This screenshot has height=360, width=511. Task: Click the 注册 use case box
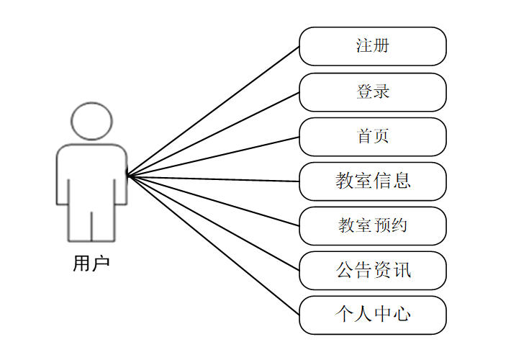click(373, 46)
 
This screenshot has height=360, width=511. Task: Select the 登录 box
click(373, 91)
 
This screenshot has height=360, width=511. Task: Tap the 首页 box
click(373, 137)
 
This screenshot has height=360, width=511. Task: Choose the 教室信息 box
click(373, 181)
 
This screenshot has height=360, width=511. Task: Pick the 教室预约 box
click(373, 226)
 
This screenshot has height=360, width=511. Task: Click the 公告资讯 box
click(373, 271)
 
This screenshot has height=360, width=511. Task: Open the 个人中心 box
click(373, 315)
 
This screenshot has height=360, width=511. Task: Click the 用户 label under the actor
click(91, 264)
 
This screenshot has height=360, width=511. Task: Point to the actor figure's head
click(91, 120)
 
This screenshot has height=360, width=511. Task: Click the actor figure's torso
click(91, 173)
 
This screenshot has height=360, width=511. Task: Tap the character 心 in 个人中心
click(402, 315)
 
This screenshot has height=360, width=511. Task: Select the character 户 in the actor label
click(101, 264)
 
